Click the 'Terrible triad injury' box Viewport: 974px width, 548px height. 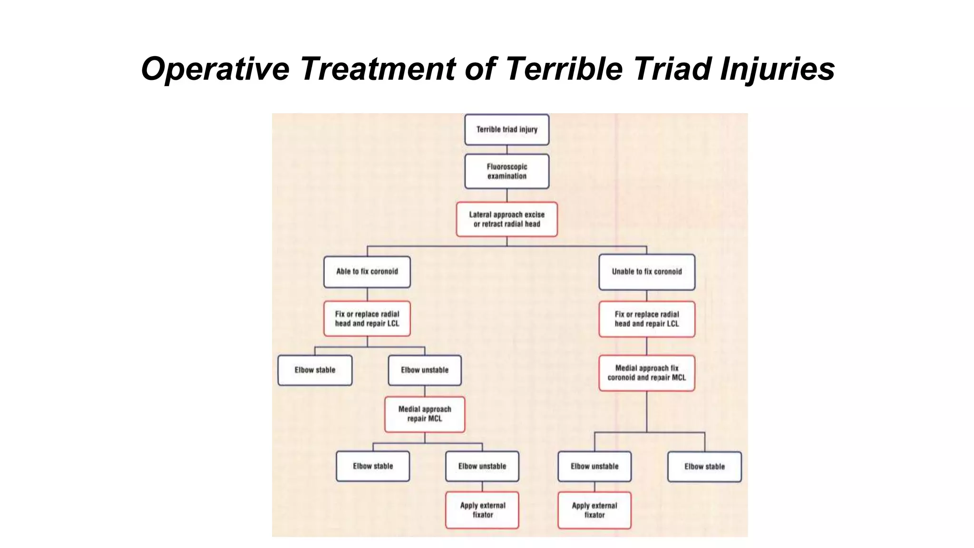pyautogui.click(x=506, y=129)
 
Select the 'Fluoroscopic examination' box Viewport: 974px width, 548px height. pyautogui.click(x=506, y=171)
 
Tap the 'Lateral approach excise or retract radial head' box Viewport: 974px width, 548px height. pyautogui.click(x=506, y=219)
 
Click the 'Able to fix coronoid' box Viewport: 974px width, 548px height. pyautogui.click(x=367, y=272)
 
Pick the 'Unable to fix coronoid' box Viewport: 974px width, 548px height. pyautogui.click(x=646, y=272)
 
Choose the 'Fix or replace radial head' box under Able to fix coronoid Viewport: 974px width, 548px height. pyautogui.click(x=367, y=319)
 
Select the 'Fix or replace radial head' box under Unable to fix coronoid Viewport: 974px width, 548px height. pyautogui.click(x=646, y=319)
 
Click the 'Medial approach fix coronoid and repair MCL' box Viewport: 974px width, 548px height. pyautogui.click(x=646, y=373)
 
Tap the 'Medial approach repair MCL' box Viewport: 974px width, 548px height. pyautogui.click(x=424, y=414)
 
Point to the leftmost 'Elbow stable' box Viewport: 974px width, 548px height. pyautogui.click(x=315, y=370)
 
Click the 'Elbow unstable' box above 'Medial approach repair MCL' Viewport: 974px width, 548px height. pyautogui.click(x=424, y=370)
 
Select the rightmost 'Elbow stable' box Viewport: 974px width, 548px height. pyautogui.click(x=704, y=467)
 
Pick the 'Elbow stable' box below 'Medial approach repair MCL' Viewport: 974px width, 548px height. pyautogui.click(x=373, y=466)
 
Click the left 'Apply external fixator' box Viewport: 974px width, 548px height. pyautogui.click(x=482, y=510)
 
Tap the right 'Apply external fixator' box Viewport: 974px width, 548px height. pyautogui.click(x=594, y=510)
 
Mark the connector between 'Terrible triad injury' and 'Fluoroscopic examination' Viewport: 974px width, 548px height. pyautogui.click(x=506, y=149)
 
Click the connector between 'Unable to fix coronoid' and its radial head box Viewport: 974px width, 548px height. pyautogui.click(x=646, y=295)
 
